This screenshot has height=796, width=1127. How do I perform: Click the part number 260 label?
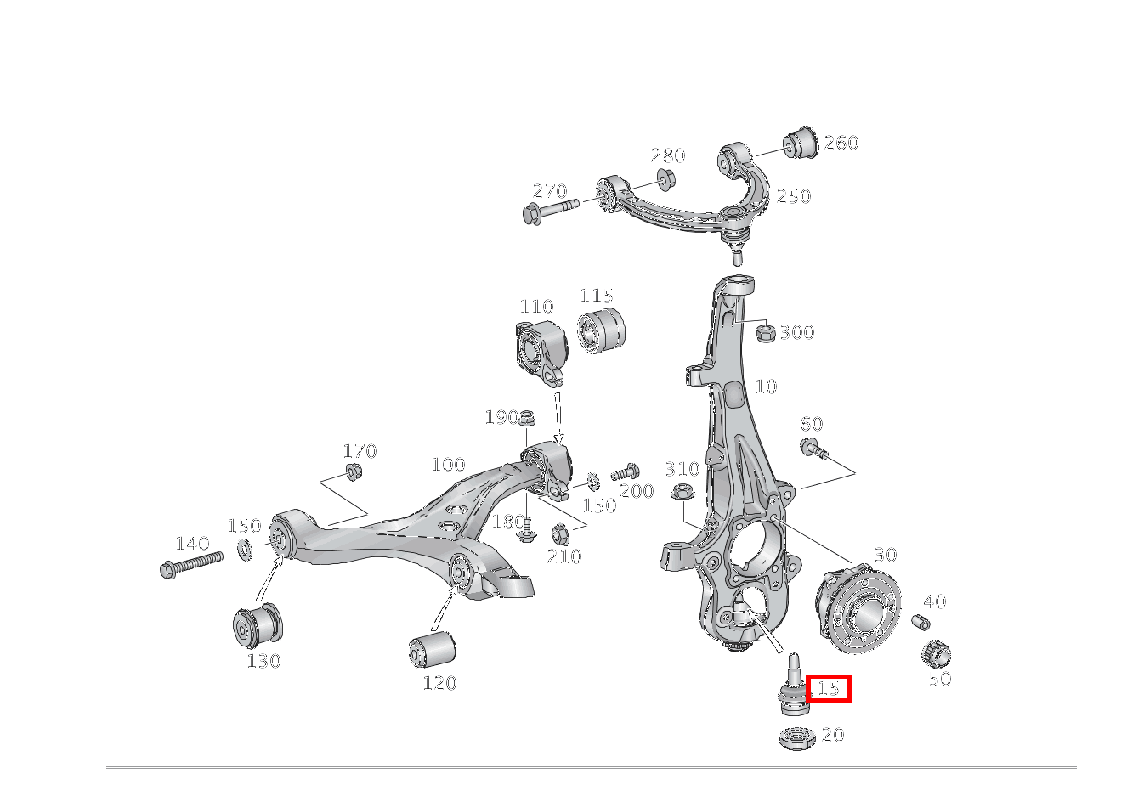841,143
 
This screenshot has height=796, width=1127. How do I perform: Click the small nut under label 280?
665,179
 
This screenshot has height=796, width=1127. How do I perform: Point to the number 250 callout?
794,196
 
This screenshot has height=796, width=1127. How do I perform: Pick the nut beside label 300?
764,332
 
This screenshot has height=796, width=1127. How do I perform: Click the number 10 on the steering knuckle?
766,387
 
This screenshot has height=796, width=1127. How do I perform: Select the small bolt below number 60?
812,448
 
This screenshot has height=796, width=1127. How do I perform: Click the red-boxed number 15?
829,688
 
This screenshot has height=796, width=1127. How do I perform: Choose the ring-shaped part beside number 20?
796,737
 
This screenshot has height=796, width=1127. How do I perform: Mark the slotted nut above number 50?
935,653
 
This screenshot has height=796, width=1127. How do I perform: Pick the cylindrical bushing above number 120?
432,650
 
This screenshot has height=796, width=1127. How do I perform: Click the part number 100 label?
448,465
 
